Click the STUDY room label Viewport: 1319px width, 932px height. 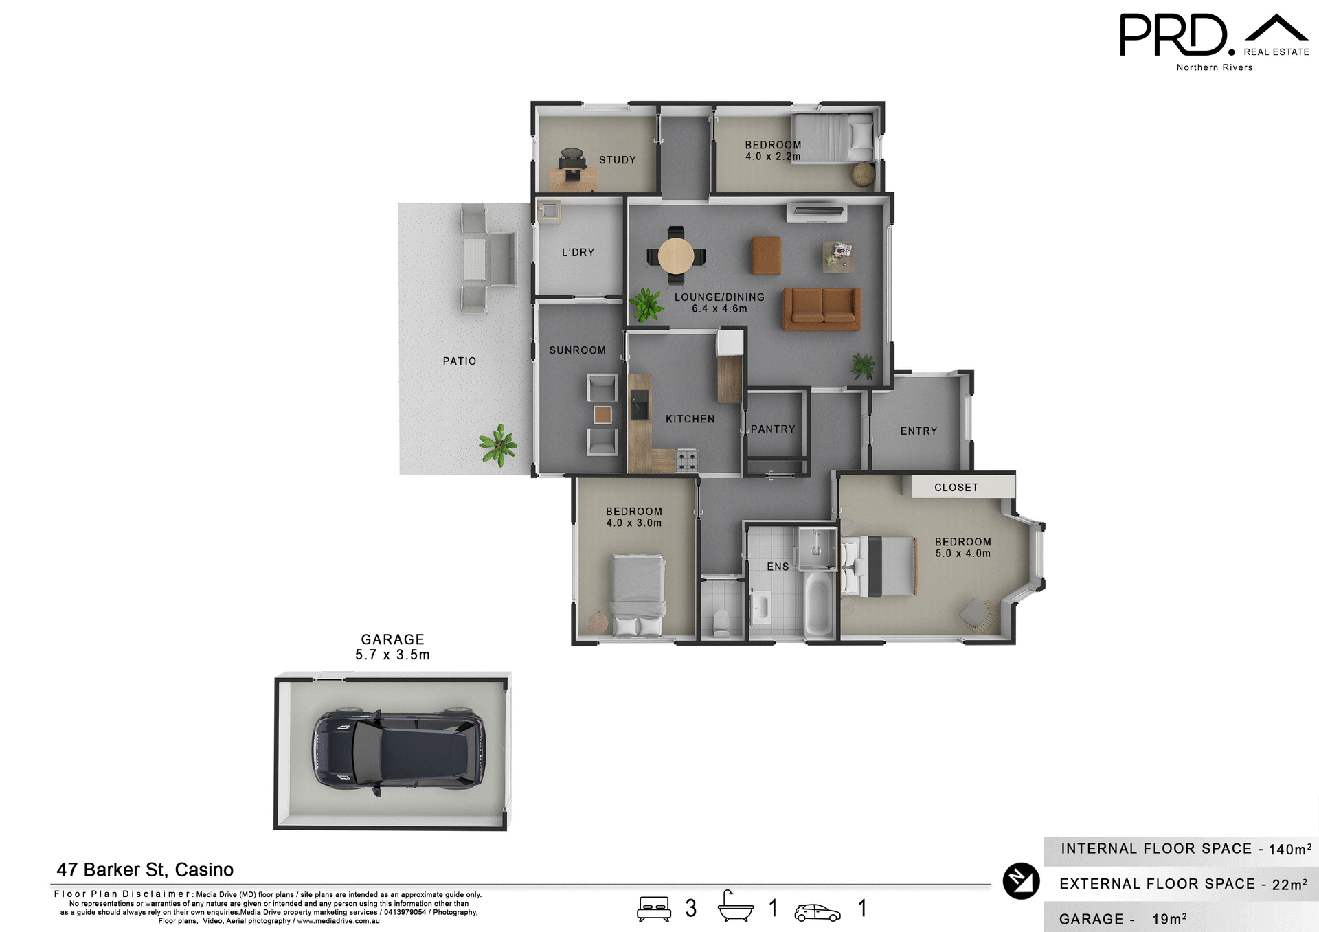[x=617, y=160]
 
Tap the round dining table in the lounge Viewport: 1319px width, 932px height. [x=676, y=255]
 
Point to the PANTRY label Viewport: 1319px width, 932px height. [x=772, y=429]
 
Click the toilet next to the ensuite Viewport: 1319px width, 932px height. [x=721, y=622]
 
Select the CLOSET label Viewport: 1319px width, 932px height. [x=956, y=488]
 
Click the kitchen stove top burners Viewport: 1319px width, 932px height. [x=687, y=460]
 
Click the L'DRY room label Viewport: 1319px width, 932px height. [x=578, y=253]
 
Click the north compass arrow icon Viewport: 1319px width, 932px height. [x=1021, y=880]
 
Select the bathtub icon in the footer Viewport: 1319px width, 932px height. [x=735, y=907]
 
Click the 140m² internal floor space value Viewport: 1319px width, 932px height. [x=1289, y=849]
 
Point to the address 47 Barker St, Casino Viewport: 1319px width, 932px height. [x=145, y=870]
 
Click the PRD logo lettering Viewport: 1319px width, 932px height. [x=1173, y=36]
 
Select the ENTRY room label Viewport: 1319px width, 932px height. [x=918, y=431]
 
